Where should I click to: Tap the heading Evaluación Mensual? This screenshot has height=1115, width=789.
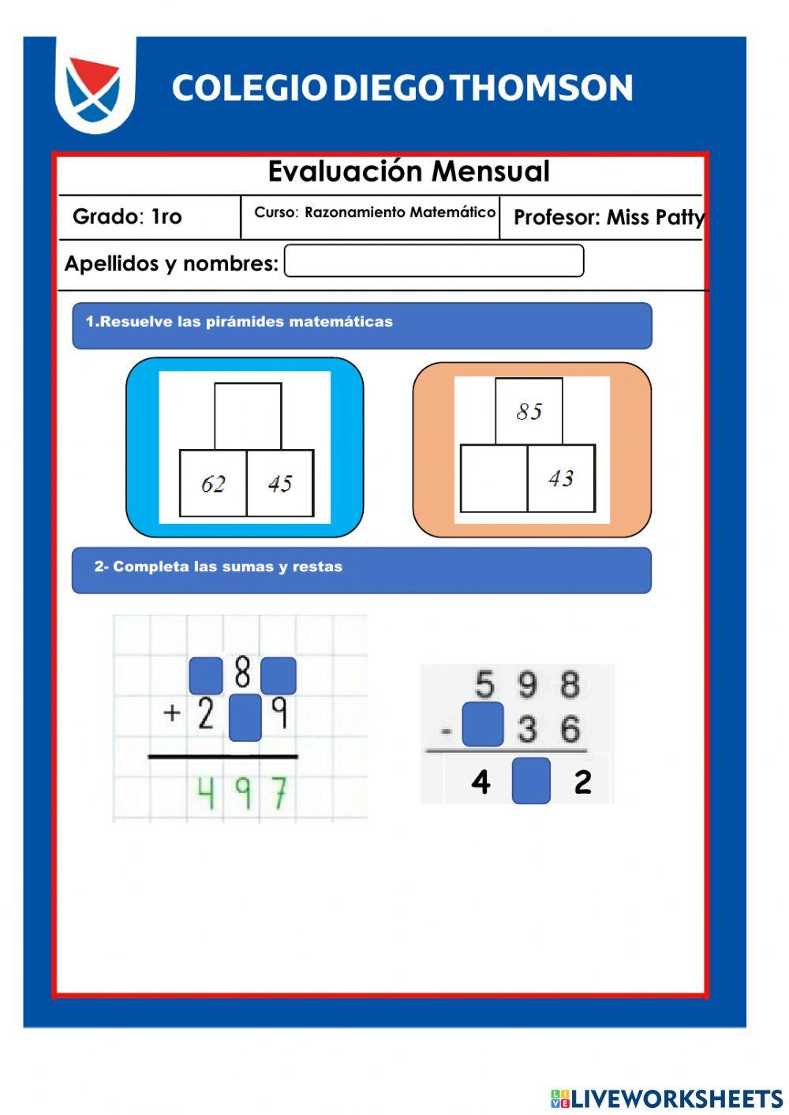click(409, 171)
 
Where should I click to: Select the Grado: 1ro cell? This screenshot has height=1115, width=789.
click(128, 216)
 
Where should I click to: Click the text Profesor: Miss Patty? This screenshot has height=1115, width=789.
click(608, 217)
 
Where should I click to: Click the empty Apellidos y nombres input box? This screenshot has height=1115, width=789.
click(434, 261)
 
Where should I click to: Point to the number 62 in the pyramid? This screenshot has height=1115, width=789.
click(213, 484)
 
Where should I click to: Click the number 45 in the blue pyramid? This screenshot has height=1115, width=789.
click(280, 484)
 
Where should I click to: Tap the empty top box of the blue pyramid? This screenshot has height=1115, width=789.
click(248, 416)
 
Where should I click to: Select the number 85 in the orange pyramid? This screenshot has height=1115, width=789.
click(529, 411)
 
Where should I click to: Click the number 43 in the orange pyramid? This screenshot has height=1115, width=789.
click(561, 478)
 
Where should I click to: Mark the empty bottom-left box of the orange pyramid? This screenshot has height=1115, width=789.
click(494, 479)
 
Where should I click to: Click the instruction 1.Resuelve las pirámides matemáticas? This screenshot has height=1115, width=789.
click(239, 322)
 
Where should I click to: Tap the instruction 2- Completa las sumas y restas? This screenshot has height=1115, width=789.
click(219, 567)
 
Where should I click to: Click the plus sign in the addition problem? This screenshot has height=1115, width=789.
click(171, 713)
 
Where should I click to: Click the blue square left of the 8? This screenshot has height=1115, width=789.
click(206, 675)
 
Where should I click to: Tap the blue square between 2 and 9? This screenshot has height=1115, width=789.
click(245, 717)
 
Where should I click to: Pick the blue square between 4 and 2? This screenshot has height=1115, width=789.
click(531, 780)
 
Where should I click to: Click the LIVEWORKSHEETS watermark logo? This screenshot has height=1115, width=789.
click(667, 1098)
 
